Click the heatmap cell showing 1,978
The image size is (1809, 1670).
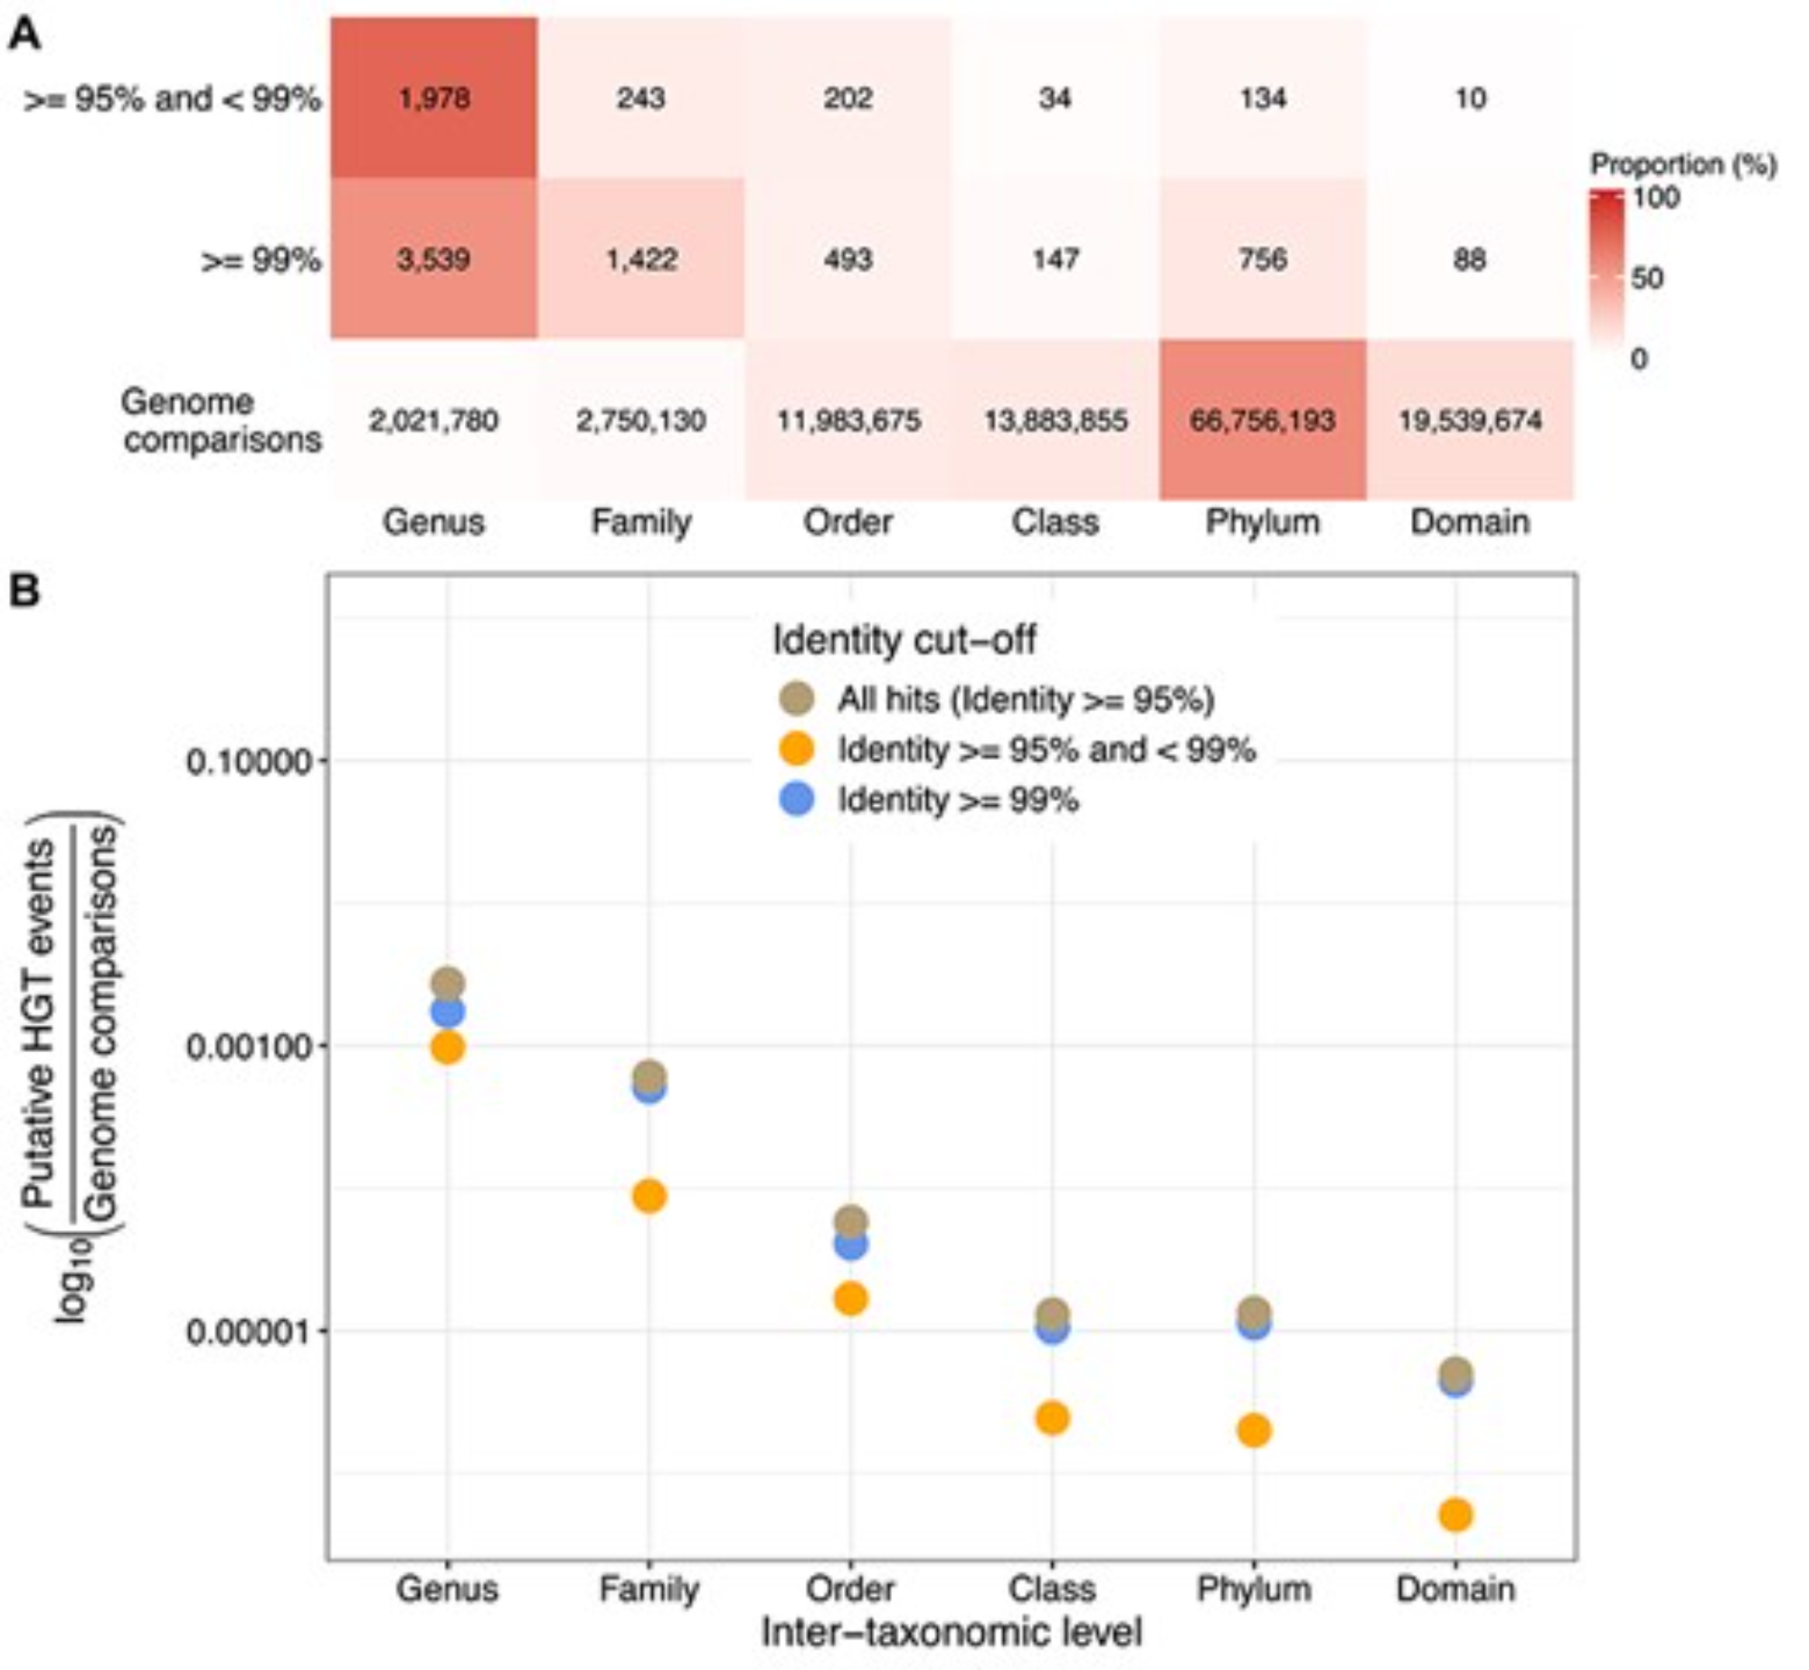click(x=433, y=98)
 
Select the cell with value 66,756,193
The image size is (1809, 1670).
click(x=1263, y=421)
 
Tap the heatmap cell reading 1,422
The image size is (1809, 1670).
click(x=640, y=260)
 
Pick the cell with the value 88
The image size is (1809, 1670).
click(x=1470, y=260)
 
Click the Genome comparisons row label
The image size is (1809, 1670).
click(x=222, y=421)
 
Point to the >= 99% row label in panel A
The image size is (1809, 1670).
click(x=260, y=261)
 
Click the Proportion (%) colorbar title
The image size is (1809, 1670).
click(x=1683, y=165)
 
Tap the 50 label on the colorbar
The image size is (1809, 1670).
click(x=1647, y=278)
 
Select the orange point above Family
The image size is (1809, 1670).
click(x=649, y=1197)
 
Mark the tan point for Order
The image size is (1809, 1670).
click(x=851, y=1221)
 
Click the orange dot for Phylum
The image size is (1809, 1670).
click(x=1254, y=1430)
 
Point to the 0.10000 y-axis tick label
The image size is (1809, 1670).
click(x=248, y=762)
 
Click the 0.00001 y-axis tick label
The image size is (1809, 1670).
click(x=248, y=1332)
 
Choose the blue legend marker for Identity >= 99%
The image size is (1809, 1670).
click(x=797, y=800)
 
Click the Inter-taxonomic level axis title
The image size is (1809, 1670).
click(x=952, y=1632)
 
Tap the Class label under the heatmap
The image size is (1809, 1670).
click(x=1055, y=522)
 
